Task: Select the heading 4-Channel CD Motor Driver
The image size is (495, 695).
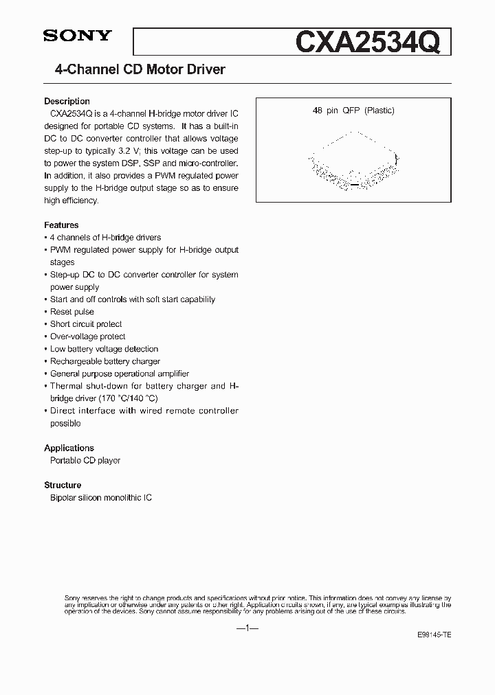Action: point(140,69)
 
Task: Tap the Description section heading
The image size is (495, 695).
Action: point(67,101)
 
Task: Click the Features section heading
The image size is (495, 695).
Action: point(61,225)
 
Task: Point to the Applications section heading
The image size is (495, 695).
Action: point(69,448)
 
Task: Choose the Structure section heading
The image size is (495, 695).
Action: point(63,485)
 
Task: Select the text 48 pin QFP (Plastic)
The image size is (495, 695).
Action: point(353,111)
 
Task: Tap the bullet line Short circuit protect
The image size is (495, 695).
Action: point(86,324)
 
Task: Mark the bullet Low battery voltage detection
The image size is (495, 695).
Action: point(104,349)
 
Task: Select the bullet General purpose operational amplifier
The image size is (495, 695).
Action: point(120,374)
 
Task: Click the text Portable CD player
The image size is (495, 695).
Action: point(85,460)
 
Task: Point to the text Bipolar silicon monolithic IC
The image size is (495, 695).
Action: point(101,497)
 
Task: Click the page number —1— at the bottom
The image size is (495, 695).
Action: point(247,628)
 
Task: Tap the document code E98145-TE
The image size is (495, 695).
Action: point(434,635)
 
